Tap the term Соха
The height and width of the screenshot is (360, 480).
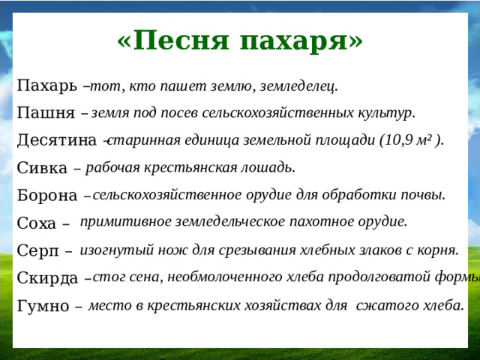coord(37,223)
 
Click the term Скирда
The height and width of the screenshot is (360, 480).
coord(47,278)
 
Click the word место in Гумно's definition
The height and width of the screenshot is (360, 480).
coord(106,305)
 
